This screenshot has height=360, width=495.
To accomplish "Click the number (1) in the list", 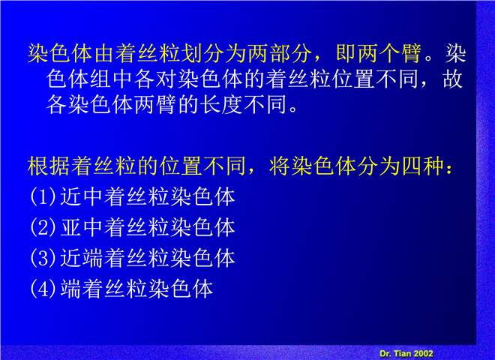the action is click(x=43, y=196).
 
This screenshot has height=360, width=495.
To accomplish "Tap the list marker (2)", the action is click(x=43, y=227).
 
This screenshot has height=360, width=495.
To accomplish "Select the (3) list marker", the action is click(x=43, y=258).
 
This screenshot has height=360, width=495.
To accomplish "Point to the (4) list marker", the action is click(x=43, y=288).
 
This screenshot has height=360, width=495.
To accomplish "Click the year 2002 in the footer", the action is click(x=423, y=353).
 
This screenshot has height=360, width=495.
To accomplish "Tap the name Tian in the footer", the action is click(x=402, y=353).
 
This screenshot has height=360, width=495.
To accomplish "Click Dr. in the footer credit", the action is click(x=385, y=353).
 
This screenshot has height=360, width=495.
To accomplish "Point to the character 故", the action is click(x=453, y=79).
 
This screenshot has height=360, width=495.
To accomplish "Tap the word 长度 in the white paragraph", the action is click(x=220, y=104).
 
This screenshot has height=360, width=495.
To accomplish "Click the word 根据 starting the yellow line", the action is click(x=49, y=166).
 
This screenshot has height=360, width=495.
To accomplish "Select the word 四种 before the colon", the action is click(x=423, y=166).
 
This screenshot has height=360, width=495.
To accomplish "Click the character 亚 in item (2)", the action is click(x=70, y=227).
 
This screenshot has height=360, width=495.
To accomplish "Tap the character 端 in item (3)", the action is click(x=93, y=258).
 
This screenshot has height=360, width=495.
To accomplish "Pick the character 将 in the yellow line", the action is click(x=280, y=166).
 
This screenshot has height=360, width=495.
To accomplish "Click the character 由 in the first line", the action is click(x=103, y=53).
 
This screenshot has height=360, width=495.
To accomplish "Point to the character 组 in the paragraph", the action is click(x=100, y=79).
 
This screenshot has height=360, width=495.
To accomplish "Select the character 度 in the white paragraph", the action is click(x=232, y=104).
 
